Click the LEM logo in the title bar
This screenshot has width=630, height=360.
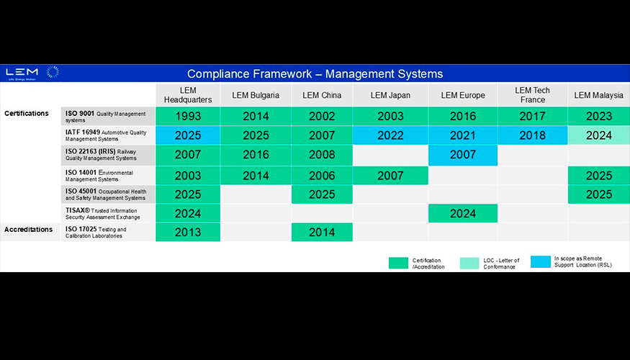tap(32, 73)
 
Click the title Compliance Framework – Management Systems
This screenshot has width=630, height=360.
tap(315, 74)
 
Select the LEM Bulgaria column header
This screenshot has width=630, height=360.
tap(256, 95)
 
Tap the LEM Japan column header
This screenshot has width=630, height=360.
tap(390, 95)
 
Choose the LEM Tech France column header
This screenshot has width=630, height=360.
tap(532, 95)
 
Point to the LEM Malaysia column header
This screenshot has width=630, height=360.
tap(598, 95)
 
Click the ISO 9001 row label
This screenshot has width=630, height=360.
tap(106, 117)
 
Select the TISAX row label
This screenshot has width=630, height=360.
tap(103, 214)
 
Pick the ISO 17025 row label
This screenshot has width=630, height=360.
tap(96, 233)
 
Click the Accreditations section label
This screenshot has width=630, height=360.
tap(29, 230)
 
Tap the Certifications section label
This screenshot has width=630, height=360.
tap(27, 113)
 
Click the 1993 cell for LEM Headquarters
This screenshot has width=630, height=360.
tap(188, 116)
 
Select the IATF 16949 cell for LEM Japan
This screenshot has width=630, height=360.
tap(390, 135)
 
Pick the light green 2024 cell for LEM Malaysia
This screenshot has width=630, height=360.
tap(598, 135)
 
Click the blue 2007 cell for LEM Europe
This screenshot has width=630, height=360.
tap(463, 155)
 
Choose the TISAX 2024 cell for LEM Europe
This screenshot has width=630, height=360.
tap(463, 213)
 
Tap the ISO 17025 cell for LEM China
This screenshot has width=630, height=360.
tap(322, 233)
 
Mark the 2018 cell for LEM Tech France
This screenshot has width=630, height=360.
tap(532, 135)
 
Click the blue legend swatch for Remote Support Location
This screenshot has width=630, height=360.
tap(541, 261)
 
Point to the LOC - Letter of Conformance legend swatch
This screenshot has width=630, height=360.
tap(469, 264)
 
